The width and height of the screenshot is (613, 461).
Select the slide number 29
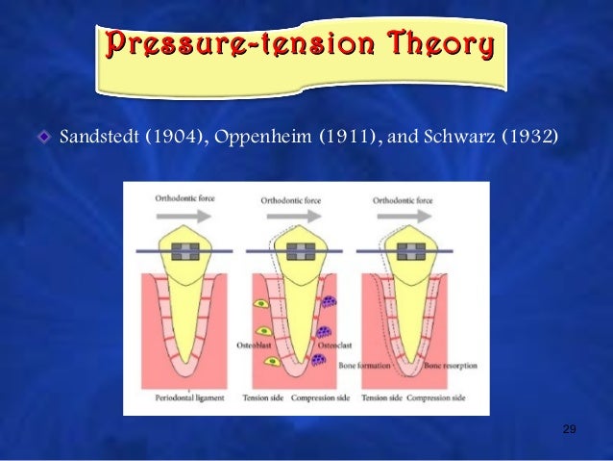568,428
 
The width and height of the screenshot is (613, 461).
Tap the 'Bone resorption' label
449,365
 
